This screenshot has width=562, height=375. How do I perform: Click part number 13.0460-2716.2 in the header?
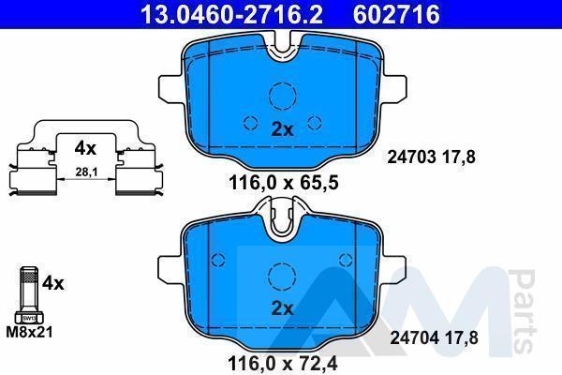coord(231,14)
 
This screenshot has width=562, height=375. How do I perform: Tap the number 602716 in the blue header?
coord(396,14)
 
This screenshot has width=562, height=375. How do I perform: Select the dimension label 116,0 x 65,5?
coord(283,183)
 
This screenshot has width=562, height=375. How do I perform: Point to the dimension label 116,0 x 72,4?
coord(283,365)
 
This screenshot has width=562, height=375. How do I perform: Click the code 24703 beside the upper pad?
coord(411,157)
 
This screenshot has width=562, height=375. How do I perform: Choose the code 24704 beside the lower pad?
coord(414,337)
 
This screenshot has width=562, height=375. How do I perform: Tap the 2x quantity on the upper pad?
coord(283,129)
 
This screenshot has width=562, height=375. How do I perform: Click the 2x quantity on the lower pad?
coord(283,307)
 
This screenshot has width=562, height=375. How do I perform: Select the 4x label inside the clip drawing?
coord(85,148)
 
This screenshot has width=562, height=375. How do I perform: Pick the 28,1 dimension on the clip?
coord(86,172)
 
